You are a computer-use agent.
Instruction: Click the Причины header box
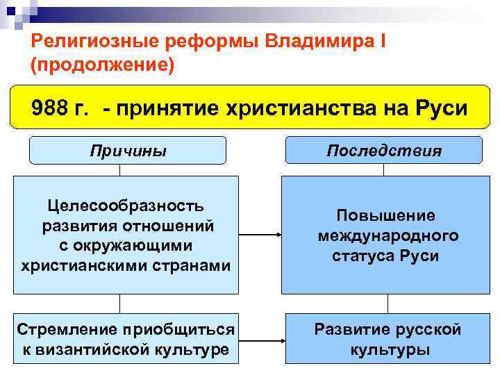[x=128, y=150]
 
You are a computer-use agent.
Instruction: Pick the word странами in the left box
[x=196, y=265]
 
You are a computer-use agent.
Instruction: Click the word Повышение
[x=387, y=215]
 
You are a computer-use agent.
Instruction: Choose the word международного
[x=387, y=235]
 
